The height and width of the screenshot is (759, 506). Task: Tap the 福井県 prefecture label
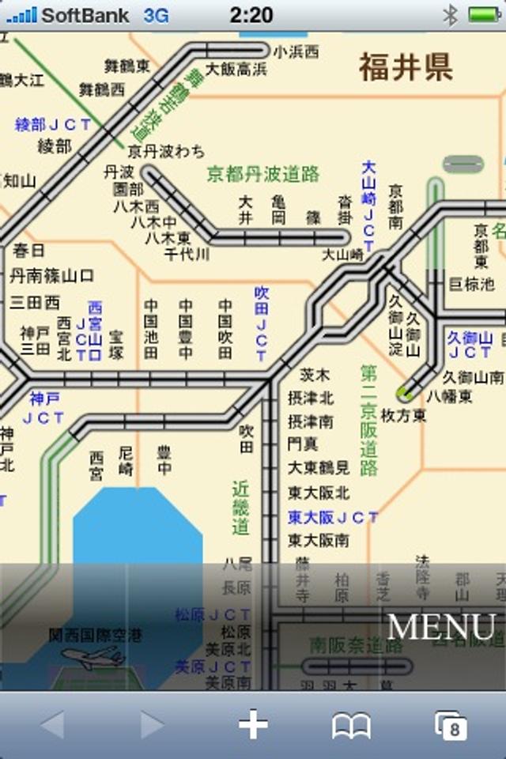(406, 67)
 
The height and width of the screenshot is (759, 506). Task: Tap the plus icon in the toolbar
(253, 724)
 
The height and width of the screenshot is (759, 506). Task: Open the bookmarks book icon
(351, 725)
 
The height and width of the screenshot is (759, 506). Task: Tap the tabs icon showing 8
(451, 725)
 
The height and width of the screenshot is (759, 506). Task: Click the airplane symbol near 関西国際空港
(93, 657)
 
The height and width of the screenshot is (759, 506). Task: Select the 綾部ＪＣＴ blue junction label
(53, 125)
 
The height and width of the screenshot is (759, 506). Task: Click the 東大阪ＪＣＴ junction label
(333, 517)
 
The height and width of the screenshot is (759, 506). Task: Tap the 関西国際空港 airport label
(96, 634)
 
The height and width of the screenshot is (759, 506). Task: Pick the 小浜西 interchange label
(296, 52)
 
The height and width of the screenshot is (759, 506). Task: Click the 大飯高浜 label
(236, 70)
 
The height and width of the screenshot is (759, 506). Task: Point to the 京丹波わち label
(166, 151)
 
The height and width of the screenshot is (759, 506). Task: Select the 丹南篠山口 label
(52, 276)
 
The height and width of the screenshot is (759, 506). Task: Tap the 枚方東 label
(403, 415)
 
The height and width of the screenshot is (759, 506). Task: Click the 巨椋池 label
(471, 284)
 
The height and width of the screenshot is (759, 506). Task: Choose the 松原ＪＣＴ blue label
(213, 614)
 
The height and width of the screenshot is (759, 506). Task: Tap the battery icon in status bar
(485, 14)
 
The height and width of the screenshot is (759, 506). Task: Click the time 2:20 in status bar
(251, 14)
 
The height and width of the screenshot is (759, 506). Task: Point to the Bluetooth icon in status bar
(450, 14)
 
